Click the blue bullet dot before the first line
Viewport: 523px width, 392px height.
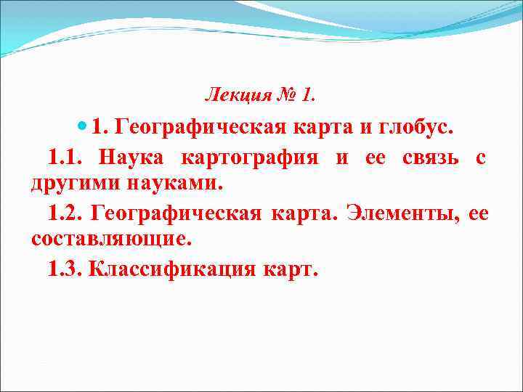81,128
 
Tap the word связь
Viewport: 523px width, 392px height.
428,157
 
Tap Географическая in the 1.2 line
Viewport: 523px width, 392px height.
180,213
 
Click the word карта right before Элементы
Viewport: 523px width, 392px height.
305,213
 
